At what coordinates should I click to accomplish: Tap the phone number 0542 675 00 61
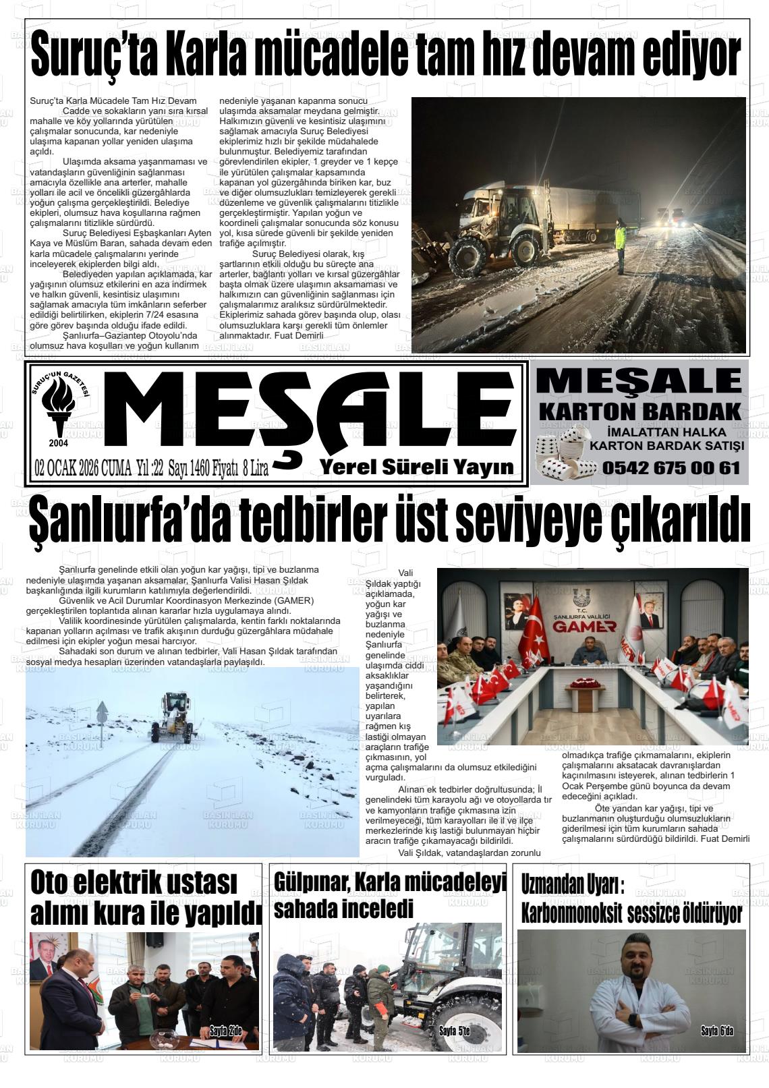point(671,467)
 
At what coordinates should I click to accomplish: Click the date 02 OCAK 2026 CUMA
point(83,468)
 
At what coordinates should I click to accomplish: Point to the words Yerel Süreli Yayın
point(416,467)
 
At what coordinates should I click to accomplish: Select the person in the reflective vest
point(620,246)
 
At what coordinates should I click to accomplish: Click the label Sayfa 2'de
point(225,1030)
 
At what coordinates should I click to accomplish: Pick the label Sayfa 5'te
point(454,1031)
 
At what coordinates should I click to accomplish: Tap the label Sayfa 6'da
point(717,1031)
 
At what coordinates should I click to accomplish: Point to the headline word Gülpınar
point(309,880)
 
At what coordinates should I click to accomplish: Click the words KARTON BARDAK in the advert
point(639,411)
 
